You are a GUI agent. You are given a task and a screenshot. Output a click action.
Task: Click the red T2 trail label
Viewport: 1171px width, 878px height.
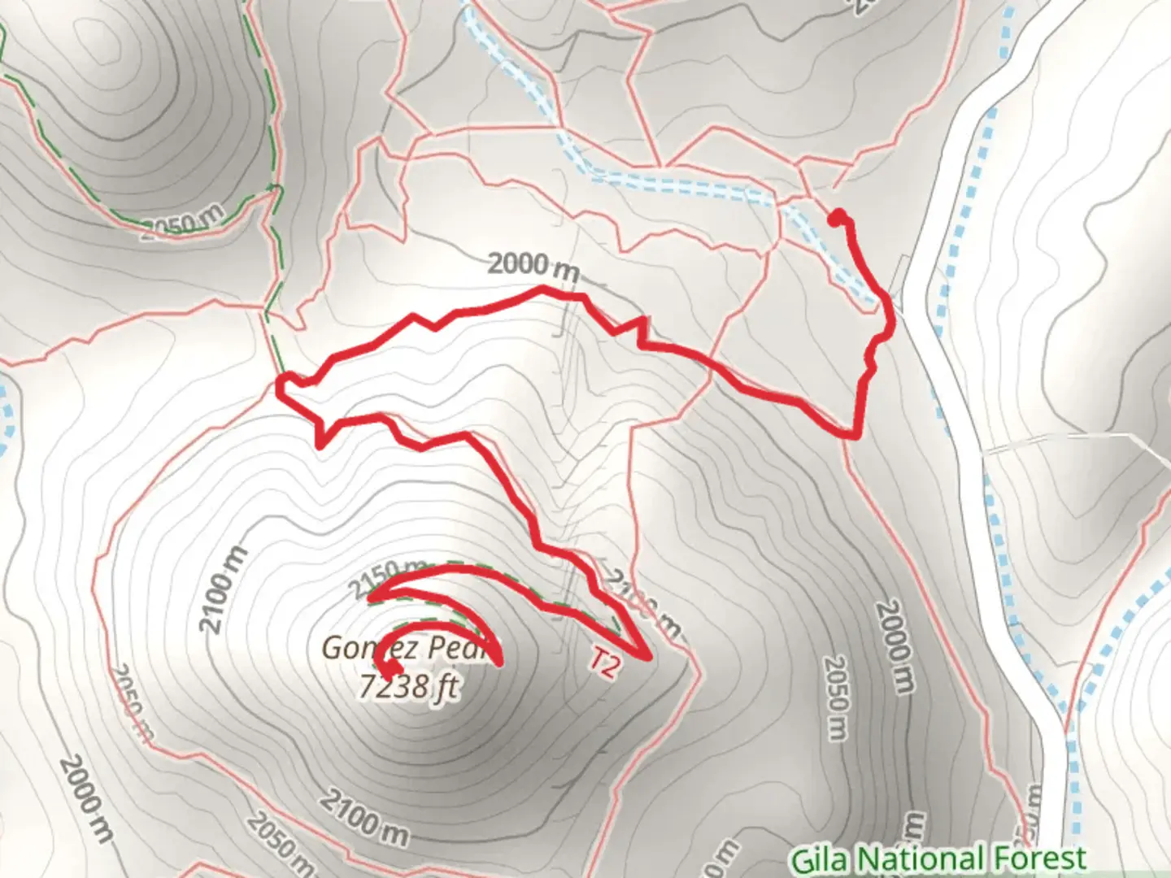(604, 662)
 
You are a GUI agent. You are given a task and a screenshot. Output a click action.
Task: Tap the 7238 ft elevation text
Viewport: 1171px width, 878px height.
(408, 687)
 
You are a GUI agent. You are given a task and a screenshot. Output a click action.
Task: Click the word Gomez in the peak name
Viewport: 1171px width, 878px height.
(357, 648)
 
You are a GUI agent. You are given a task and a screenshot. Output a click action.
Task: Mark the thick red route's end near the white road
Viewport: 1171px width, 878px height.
(837, 216)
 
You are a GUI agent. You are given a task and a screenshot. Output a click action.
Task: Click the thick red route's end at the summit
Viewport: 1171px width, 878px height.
(391, 669)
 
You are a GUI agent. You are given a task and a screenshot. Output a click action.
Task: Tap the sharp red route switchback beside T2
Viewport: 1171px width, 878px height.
(647, 657)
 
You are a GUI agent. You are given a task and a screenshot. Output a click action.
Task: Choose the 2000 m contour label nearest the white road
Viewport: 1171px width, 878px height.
(895, 646)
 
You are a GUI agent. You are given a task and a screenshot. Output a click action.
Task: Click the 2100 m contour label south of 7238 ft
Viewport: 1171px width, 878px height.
(364, 816)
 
